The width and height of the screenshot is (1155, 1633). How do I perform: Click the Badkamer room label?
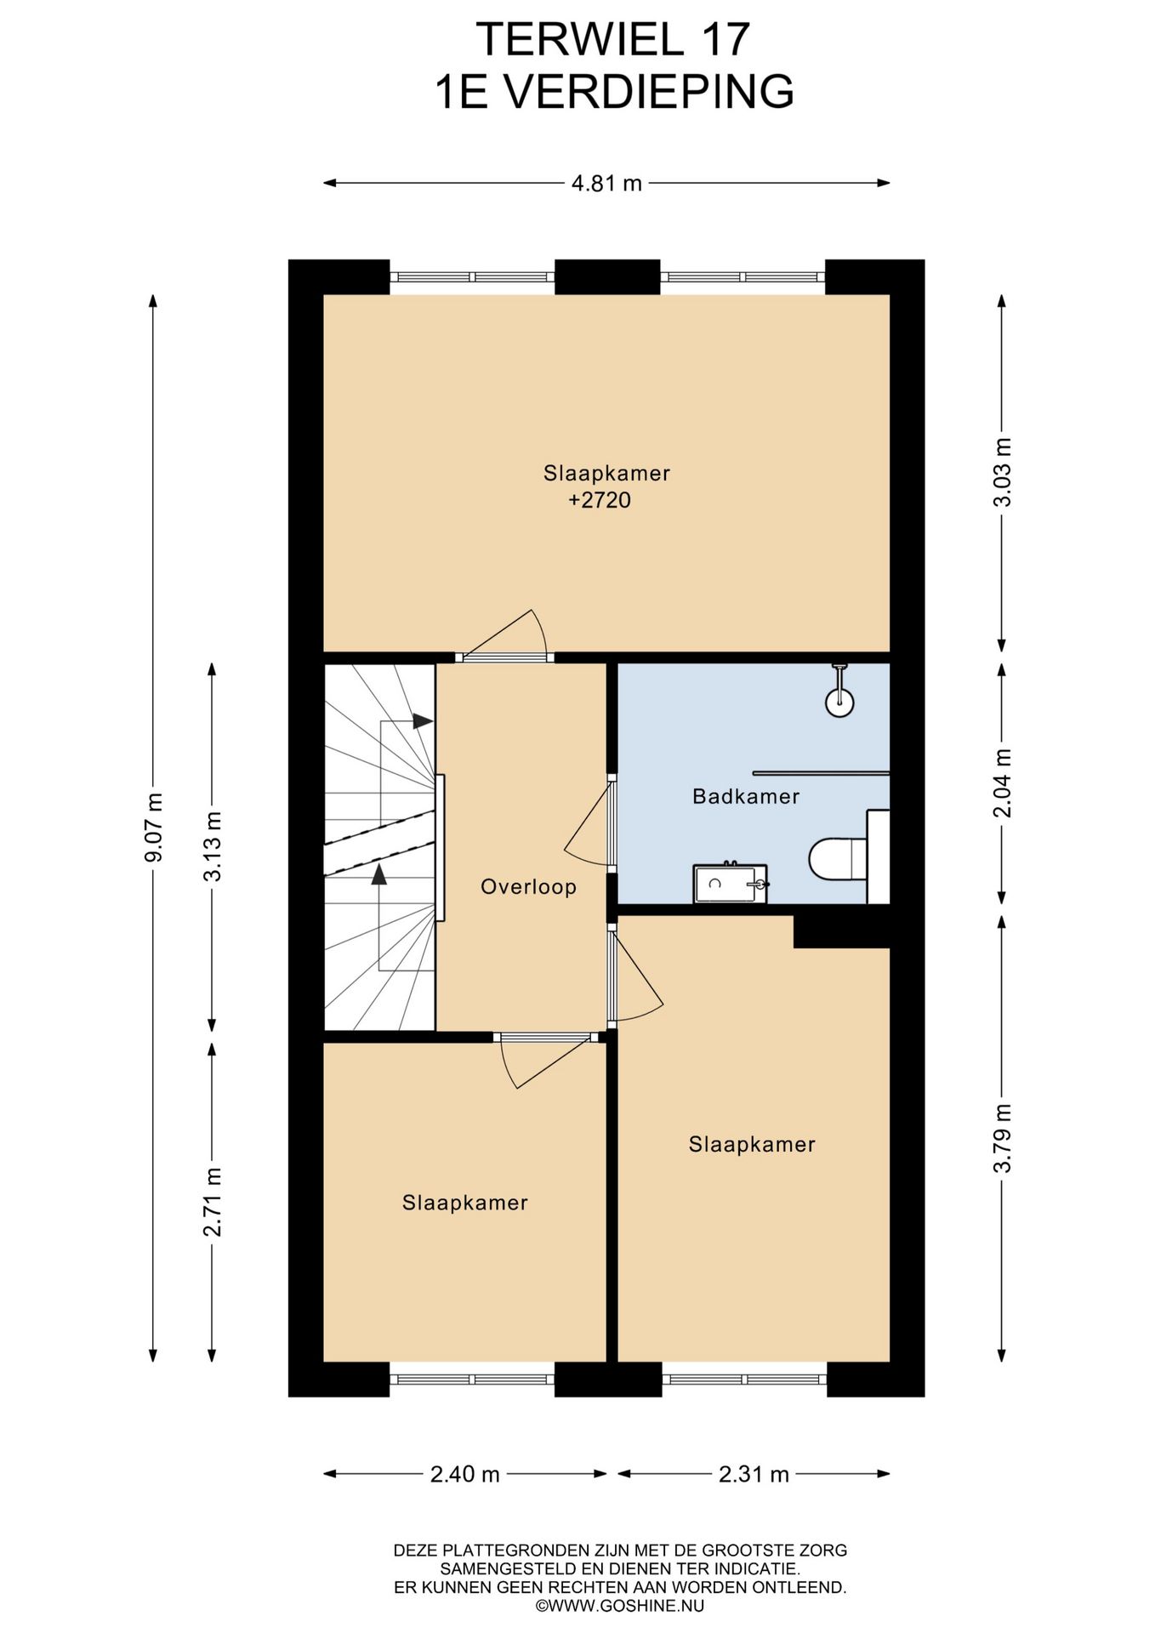coord(746,797)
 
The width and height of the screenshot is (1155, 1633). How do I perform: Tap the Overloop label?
coord(529,887)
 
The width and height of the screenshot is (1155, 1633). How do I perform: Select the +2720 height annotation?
coord(600,500)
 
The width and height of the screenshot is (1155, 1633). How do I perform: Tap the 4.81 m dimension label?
coord(606,183)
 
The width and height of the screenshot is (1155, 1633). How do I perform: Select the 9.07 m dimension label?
coord(154,827)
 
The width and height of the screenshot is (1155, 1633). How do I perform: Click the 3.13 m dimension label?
coord(213,845)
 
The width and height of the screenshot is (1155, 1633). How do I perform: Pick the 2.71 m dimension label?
coord(213,1201)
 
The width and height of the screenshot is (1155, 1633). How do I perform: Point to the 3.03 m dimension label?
coord(1003,472)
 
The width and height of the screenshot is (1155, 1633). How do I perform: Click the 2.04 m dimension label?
coord(1003,783)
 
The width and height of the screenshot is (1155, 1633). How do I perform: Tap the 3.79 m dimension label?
coord(1003,1138)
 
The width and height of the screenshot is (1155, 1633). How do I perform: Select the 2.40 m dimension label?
coord(464,1474)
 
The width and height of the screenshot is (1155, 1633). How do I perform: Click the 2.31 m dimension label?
coord(754,1474)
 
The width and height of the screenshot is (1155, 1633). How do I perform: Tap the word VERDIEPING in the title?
coord(651,92)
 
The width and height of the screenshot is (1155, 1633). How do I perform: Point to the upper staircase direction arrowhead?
coord(423,721)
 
